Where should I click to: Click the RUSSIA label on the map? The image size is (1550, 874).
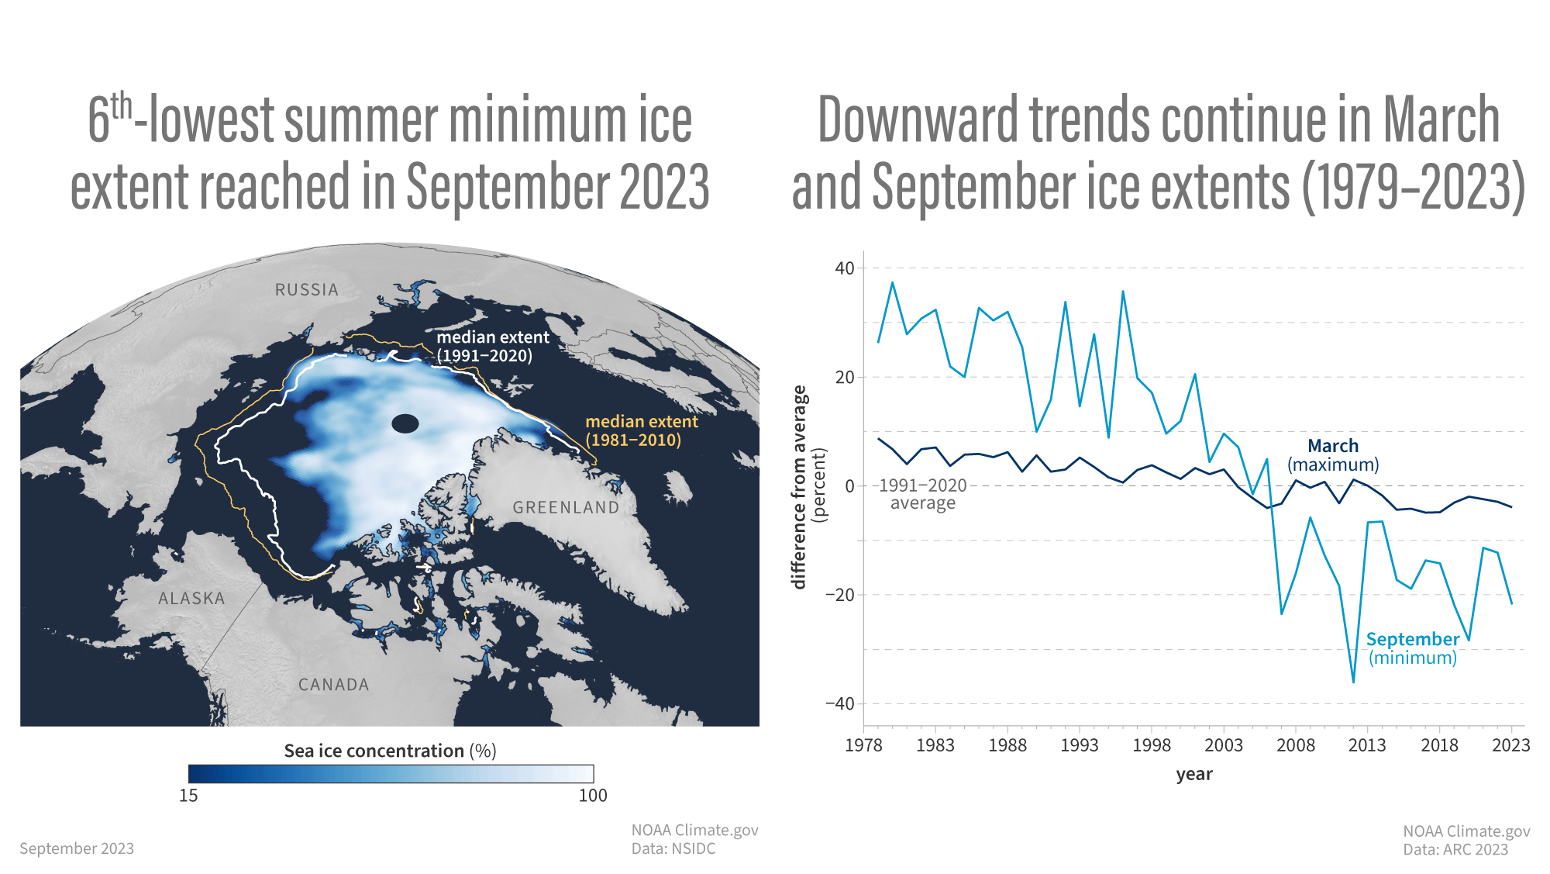307,290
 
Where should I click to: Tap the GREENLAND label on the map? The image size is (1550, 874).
566,508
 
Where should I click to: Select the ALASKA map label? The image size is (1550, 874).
191,599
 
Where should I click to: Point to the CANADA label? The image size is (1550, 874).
334,685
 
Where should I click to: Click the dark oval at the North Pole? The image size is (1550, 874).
405,423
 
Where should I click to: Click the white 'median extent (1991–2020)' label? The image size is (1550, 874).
492,347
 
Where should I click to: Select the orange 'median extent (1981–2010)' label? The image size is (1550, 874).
641,431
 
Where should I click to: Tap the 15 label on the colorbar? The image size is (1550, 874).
188,796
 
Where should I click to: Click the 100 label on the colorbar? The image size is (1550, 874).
593,796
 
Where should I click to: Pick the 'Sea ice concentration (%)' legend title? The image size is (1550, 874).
390,751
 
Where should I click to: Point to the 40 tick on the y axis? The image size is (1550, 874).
844,268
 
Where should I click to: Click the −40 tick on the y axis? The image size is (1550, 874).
839,704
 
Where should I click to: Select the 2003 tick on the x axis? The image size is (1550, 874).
1223,745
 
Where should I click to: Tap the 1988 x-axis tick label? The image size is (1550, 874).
1007,745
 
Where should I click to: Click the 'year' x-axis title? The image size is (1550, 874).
1193,774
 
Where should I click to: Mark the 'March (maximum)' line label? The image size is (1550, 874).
1333,455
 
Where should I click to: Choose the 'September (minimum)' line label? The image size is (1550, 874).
1412,648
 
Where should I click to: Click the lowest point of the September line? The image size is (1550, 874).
1353,682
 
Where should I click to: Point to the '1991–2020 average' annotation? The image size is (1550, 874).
922,494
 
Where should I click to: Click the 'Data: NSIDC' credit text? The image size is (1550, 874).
673,849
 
